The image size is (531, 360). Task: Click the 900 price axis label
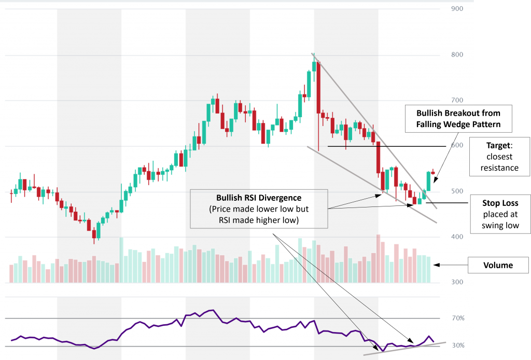point(457,9)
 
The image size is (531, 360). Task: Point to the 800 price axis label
point(457,54)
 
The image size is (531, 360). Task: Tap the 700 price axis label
point(457,100)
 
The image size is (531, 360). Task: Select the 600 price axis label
point(457,146)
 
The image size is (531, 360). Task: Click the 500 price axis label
point(457,191)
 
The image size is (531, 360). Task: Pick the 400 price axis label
point(457,237)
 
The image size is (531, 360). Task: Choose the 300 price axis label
point(457,283)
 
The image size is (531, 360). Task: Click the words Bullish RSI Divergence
point(258,198)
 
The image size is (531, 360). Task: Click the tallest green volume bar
point(121,260)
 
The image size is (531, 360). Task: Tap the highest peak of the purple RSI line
point(212,310)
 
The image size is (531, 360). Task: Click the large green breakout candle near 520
point(429,181)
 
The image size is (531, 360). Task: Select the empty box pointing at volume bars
point(499,265)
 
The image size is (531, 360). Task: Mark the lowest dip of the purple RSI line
point(383,351)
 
